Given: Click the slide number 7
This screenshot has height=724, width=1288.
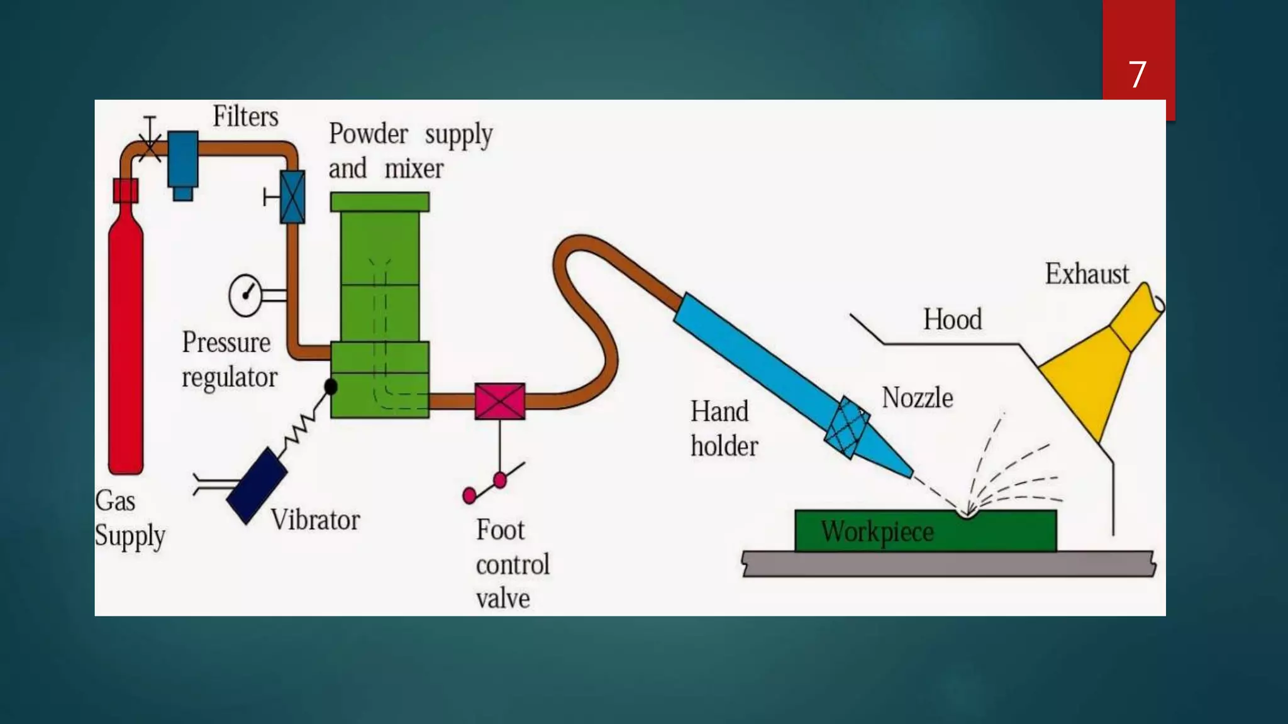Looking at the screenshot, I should coord(1137,75).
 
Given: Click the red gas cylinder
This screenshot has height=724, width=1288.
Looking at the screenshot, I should coord(126,339).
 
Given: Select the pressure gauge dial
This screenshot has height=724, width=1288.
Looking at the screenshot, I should coord(245,294).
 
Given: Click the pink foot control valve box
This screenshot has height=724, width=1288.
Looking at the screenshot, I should coord(500,401).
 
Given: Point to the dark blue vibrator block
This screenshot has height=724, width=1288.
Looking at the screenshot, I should coord(256,486).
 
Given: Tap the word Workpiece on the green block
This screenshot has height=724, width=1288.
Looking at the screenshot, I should coord(877,532).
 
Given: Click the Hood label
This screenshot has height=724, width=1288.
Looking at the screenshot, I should coord(952,319).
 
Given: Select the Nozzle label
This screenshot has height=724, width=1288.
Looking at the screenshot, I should coord(917,398).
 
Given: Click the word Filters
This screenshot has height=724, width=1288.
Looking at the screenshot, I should coord(245,116).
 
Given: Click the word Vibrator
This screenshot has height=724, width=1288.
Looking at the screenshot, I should coord(315,520).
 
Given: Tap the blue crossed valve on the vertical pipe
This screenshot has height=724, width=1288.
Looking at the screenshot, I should coord(292,197).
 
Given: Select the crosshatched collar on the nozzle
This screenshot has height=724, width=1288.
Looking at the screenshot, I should coord(847,427).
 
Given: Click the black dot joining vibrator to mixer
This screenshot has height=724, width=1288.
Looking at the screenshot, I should coord(331,387).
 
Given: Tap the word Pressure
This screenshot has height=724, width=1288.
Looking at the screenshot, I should coord(226,343).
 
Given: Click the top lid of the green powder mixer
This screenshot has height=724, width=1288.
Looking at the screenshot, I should coord(380,202).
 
